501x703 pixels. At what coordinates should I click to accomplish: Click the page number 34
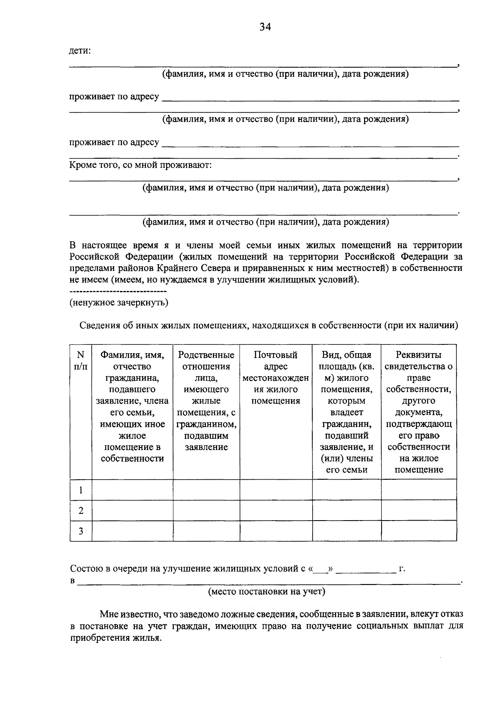pyautogui.click(x=265, y=27)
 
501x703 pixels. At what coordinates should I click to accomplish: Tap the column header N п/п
pyautogui.click(x=81, y=361)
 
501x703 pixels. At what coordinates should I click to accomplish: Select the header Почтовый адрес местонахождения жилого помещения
pyautogui.click(x=276, y=378)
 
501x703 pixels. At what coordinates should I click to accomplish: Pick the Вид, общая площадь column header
pyautogui.click(x=347, y=412)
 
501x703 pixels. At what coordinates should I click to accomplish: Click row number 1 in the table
pyautogui.click(x=81, y=490)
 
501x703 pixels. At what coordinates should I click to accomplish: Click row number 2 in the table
pyautogui.click(x=81, y=511)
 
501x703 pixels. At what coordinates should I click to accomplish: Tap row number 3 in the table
pyautogui.click(x=81, y=531)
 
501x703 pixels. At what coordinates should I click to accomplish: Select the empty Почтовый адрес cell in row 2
pyautogui.click(x=276, y=511)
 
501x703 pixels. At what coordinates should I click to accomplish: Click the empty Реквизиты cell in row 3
pyautogui.click(x=419, y=531)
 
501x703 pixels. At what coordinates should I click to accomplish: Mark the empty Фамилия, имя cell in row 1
pyautogui.click(x=132, y=490)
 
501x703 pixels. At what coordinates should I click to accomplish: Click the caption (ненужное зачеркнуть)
pyautogui.click(x=119, y=303)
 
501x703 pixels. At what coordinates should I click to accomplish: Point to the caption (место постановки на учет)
pyautogui.click(x=267, y=592)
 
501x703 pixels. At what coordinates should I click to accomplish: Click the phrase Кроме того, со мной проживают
pyautogui.click(x=141, y=165)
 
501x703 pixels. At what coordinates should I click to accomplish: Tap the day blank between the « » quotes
pyautogui.click(x=320, y=569)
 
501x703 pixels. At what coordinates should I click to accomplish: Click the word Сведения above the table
pyautogui.click(x=99, y=326)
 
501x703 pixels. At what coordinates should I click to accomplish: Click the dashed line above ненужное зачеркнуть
pyautogui.click(x=118, y=291)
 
